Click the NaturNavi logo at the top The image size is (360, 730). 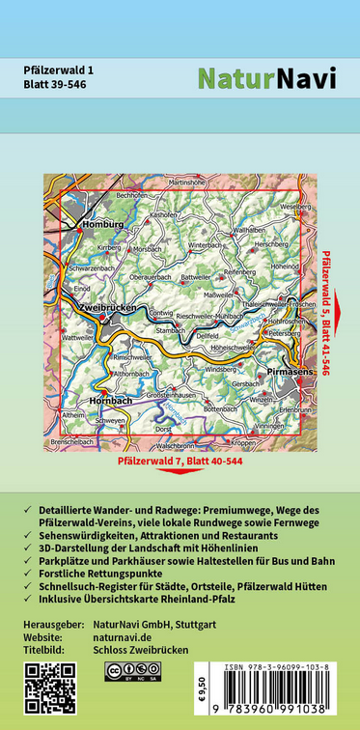coord(266,78)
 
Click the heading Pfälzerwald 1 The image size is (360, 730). coord(61,69)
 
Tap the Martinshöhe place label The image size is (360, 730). coord(187,182)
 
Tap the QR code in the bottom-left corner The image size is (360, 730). coord(46,689)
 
